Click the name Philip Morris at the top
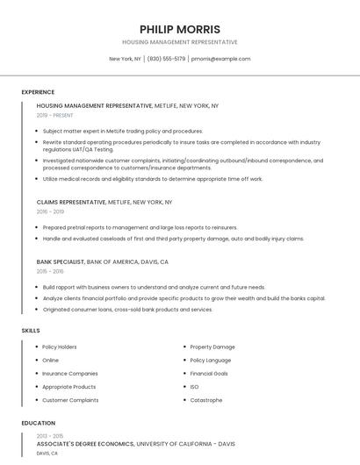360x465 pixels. [179, 29]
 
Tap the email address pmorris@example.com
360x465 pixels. [220, 59]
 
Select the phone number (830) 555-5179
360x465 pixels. [166, 59]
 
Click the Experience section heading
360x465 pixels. [38, 92]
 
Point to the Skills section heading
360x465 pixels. [31, 330]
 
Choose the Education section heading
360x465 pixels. [38, 423]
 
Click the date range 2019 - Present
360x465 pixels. [55, 115]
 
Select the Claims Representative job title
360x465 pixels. [71, 202]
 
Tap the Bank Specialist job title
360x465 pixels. [61, 261]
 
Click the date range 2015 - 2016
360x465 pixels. [50, 271]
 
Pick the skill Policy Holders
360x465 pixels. [60, 347]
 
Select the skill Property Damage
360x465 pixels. [212, 347]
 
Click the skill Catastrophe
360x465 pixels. [205, 400]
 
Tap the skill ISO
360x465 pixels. [194, 387]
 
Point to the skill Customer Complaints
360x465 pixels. [70, 400]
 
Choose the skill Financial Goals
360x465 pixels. [209, 373]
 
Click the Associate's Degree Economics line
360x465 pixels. [85, 444]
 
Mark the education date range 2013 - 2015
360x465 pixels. [50, 435]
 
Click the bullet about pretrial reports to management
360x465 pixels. [140, 227]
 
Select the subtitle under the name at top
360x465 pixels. [179, 42]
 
